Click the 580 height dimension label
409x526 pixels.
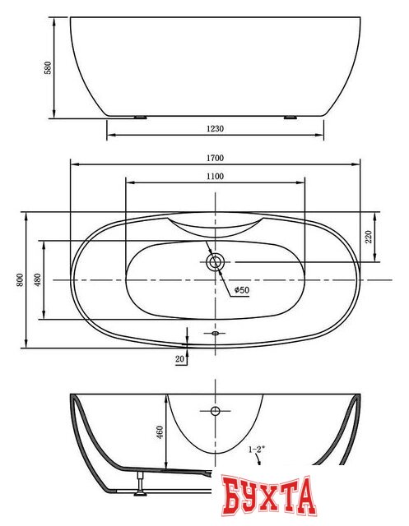point(49,67)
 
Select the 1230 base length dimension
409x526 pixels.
point(215,128)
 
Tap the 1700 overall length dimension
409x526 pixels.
point(215,158)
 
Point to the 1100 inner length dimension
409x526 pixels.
point(215,176)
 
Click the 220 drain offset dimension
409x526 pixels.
point(369,237)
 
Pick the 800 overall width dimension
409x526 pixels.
point(20,279)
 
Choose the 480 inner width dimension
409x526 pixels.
point(37,279)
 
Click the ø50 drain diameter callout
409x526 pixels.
point(242,290)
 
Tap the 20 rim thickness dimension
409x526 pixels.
point(180,358)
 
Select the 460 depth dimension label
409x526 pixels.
point(160,432)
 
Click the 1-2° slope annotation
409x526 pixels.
point(257,450)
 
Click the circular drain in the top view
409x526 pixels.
point(215,261)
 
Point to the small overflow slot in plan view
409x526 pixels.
point(215,333)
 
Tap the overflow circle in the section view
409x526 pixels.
point(215,411)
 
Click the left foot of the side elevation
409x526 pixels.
point(140,118)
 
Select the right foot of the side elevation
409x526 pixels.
point(290,118)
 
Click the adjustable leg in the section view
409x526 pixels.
point(140,483)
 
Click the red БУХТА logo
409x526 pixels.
point(270,496)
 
